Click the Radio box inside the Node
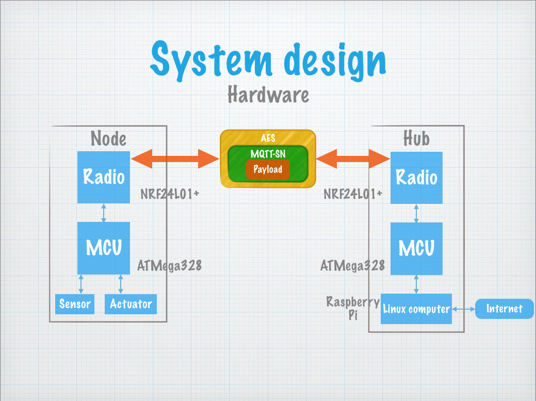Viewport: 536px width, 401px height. click(104, 177)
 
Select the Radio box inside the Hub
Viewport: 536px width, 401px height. click(416, 178)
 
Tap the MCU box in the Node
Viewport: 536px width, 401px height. click(104, 248)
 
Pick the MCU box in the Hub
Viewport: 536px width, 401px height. click(416, 249)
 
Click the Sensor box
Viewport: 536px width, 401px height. click(75, 304)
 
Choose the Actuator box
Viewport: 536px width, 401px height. click(131, 304)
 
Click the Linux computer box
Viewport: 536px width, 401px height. click(416, 309)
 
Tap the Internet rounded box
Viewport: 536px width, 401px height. click(504, 309)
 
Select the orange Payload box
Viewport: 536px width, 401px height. click(268, 169)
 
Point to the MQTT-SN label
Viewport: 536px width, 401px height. click(268, 154)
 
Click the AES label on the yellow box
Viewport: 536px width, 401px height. click(268, 138)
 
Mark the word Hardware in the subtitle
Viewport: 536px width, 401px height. click(268, 94)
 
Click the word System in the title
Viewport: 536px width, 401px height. click(212, 60)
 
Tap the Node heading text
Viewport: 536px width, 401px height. click(108, 138)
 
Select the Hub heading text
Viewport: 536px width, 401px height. click(416, 138)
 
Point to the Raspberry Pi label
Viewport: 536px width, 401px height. click(353, 308)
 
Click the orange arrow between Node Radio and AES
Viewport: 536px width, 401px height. click(175, 158)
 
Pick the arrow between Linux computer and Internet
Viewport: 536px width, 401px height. click(464, 309)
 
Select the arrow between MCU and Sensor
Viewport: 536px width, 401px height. click(80, 284)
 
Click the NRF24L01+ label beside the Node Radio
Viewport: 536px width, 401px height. click(170, 194)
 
